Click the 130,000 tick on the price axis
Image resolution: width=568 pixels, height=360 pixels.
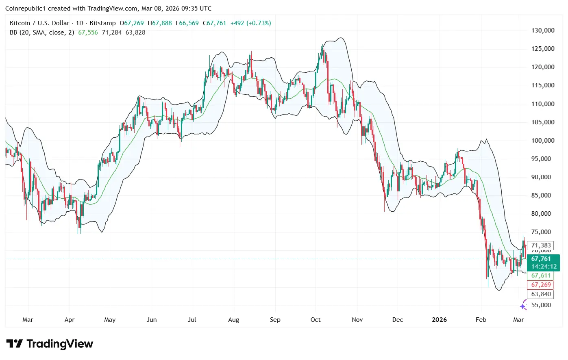[543, 30]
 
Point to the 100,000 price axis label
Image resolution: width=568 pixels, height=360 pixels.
[543, 141]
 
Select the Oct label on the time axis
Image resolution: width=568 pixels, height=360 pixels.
[316, 320]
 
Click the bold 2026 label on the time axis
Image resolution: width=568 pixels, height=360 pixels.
[439, 320]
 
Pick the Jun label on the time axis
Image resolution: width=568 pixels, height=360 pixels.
[152, 320]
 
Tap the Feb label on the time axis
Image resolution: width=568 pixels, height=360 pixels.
[481, 320]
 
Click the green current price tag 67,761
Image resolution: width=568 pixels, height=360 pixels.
[541, 259]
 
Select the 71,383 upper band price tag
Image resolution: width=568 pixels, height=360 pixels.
[541, 245]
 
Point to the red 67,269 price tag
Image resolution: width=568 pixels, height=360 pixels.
[541, 285]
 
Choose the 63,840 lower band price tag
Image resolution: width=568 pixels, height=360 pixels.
[541, 294]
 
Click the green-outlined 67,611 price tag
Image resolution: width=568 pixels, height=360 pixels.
[541, 275]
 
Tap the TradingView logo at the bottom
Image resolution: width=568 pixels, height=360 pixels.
[50, 344]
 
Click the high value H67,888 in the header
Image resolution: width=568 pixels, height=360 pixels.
[160, 23]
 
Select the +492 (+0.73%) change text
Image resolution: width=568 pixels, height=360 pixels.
[250, 23]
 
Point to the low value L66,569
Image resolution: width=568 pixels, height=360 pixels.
[187, 23]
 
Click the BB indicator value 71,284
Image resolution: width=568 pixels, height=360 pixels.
[112, 33]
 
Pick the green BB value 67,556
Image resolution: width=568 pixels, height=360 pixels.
[88, 33]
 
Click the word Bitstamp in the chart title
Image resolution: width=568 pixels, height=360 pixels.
[102, 23]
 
